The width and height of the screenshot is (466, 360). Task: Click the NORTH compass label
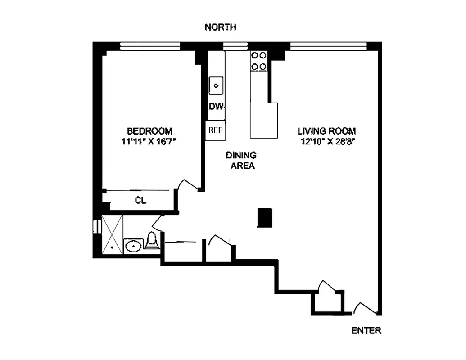[x=220, y=27]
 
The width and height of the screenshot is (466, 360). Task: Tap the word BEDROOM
[x=149, y=131]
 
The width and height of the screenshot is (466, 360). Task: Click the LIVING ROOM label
[x=326, y=131]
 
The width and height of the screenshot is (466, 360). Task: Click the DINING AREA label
[x=241, y=160]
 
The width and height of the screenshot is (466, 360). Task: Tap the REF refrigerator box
[x=215, y=131]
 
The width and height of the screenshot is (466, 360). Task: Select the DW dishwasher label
[x=215, y=107]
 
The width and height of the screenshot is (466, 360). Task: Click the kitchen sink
[x=217, y=85]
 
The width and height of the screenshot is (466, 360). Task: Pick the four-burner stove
[x=258, y=61]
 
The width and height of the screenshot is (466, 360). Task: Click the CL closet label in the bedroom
[x=141, y=201]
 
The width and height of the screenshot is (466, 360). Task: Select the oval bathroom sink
[x=133, y=246]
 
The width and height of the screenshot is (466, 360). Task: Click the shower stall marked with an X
[x=112, y=234]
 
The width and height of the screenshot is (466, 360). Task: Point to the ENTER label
[x=366, y=331]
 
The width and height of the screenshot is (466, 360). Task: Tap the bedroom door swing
[x=188, y=185]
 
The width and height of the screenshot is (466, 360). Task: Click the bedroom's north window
[x=150, y=45]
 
